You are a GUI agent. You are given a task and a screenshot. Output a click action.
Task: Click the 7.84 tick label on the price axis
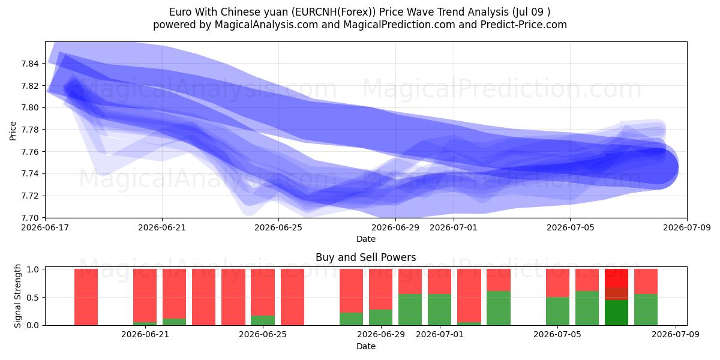pos(29,64)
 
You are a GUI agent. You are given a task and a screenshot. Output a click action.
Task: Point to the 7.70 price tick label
pos(29,218)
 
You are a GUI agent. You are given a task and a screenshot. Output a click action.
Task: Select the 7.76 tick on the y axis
pos(29,152)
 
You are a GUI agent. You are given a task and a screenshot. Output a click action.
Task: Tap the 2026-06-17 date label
pos(45,227)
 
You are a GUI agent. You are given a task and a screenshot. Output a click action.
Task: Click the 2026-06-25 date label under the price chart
pos(278,227)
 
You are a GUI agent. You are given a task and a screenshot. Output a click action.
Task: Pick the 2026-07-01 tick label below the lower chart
pos(440,334)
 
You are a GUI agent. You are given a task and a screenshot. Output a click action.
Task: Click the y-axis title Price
pos(13,131)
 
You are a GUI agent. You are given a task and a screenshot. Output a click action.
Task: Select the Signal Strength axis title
pos(17,296)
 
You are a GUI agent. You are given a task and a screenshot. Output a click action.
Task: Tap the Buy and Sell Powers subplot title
pos(366,257)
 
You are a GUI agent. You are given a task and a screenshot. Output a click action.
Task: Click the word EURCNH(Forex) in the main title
pos(334,12)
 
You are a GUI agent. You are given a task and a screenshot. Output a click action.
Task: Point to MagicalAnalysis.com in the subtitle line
pos(266,25)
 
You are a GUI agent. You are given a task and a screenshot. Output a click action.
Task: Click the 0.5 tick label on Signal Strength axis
pos(32,298)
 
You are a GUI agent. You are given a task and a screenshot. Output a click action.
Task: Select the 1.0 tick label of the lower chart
pos(32,269)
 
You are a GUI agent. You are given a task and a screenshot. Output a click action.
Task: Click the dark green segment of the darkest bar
pos(617,313)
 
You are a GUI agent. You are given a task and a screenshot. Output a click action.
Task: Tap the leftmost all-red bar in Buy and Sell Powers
pos(86,297)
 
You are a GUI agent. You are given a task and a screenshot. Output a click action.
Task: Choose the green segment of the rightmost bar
pos(646,310)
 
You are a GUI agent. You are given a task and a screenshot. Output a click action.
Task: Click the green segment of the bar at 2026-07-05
pos(557,311)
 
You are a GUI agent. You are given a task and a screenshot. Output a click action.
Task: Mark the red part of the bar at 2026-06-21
pos(145,295)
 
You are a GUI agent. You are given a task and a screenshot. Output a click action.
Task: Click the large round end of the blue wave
pos(659,168)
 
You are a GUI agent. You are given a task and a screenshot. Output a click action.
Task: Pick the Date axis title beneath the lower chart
pos(366,346)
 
